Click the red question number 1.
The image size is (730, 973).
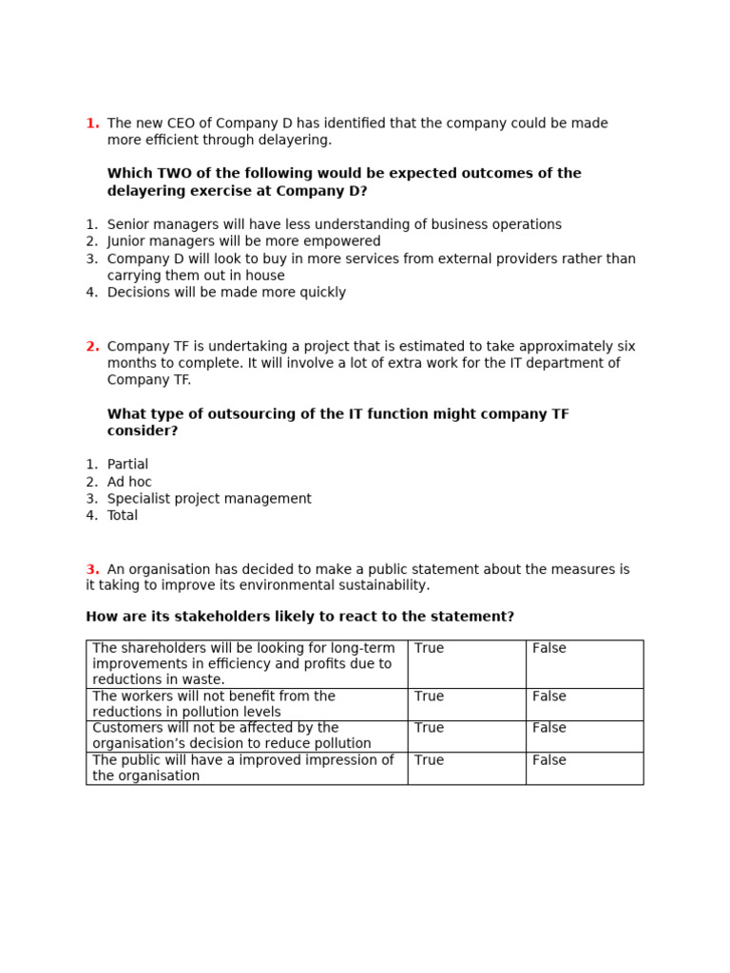(92, 124)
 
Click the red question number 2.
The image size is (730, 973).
(92, 347)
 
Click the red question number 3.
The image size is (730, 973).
(92, 569)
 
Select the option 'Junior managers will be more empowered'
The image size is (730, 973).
(243, 241)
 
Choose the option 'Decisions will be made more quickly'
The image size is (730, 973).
(226, 293)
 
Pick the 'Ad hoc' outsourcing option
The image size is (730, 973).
(129, 482)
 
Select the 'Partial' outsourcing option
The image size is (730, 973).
(127, 465)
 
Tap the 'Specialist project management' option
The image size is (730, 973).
(209, 499)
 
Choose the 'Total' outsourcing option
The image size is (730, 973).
(123, 516)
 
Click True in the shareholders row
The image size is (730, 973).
(429, 648)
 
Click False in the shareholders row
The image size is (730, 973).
(548, 648)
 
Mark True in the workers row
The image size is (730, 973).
(429, 696)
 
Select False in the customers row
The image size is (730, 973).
(548, 728)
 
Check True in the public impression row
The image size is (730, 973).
(429, 760)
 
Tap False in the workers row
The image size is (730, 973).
(548, 696)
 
